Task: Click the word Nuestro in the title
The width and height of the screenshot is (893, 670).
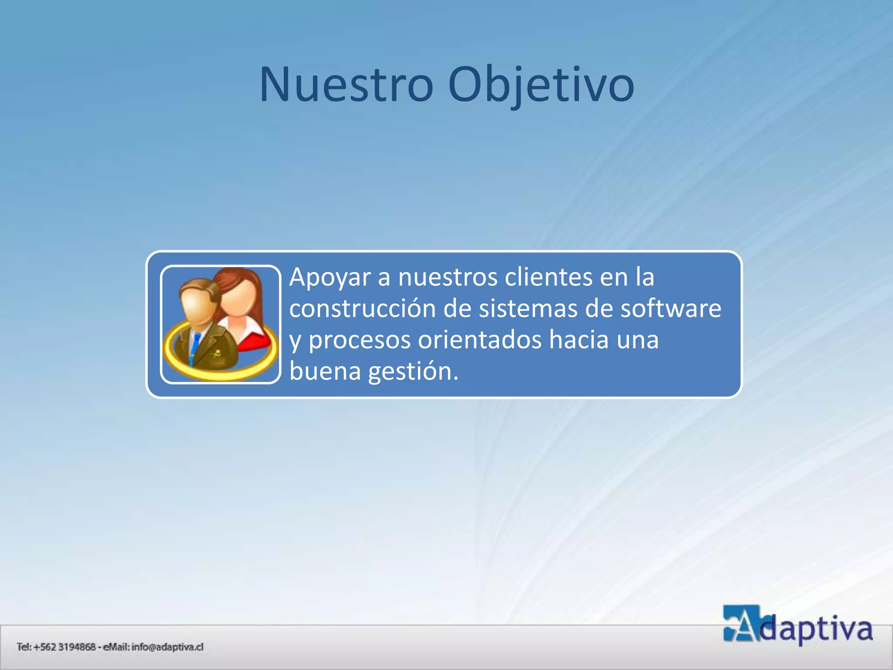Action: (347, 85)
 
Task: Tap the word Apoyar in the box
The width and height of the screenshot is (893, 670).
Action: (330, 278)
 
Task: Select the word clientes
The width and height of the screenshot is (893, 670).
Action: (548, 277)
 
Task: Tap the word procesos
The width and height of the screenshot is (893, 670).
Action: (360, 340)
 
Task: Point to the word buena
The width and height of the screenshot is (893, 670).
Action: (325, 371)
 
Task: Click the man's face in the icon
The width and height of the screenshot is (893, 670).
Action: (198, 305)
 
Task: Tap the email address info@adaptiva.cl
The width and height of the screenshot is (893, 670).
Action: (167, 647)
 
